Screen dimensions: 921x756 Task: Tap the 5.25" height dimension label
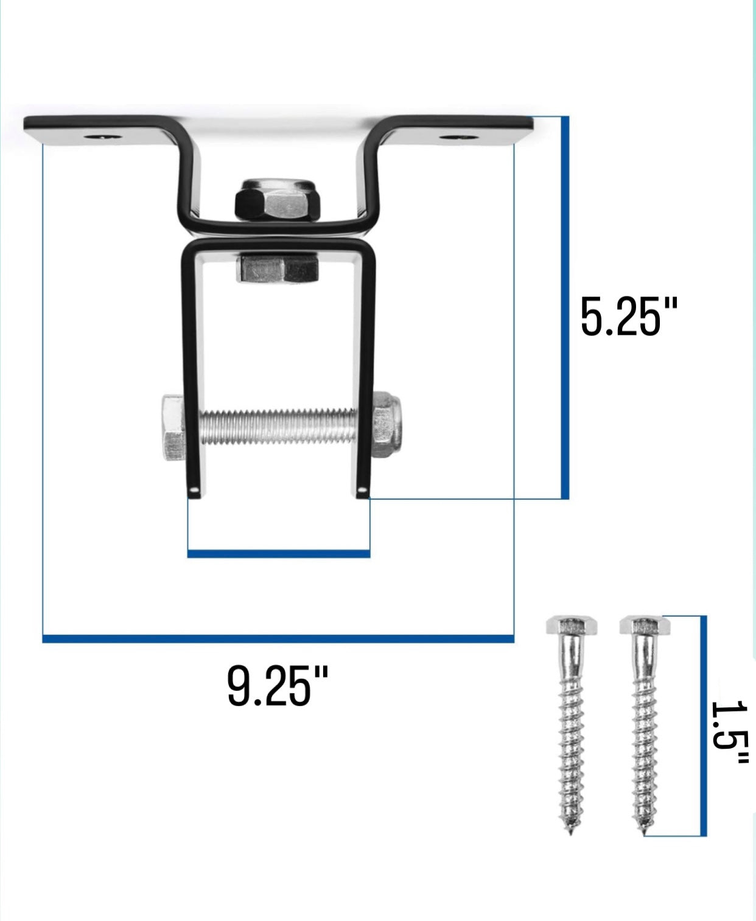pos(628,317)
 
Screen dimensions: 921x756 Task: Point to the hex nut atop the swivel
pos(278,200)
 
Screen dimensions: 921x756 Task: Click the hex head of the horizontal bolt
pos(174,427)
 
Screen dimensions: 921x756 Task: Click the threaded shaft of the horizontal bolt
pos(278,427)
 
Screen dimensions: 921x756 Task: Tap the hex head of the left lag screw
pos(571,625)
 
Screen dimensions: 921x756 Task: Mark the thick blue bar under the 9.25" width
pos(278,639)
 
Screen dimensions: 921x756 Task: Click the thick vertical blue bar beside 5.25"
pos(565,307)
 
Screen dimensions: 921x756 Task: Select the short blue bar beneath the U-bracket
pos(278,554)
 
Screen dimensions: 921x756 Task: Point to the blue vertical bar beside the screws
pos(704,725)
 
